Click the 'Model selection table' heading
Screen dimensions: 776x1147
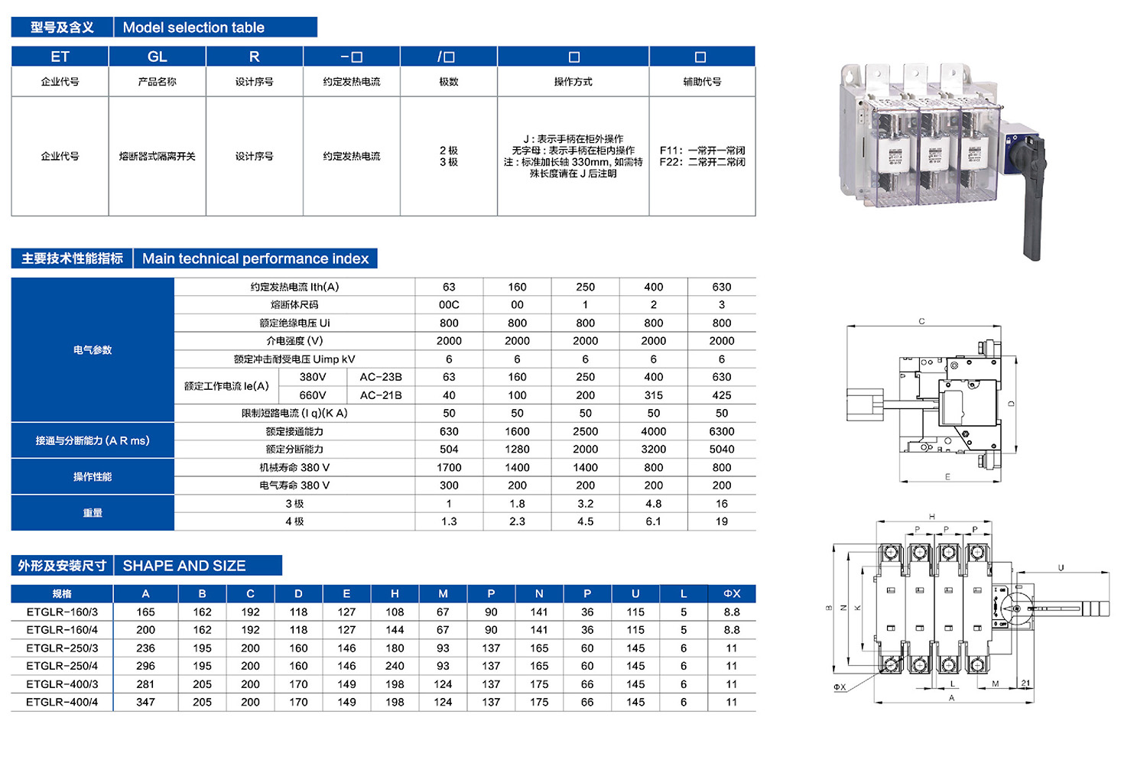193,28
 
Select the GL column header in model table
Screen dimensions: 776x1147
157,57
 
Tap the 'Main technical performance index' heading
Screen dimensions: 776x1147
255,258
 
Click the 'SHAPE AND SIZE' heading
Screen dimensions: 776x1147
184,566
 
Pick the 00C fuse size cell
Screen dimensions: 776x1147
449,305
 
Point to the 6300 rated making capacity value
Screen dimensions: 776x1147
721,431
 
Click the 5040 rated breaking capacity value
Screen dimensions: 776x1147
721,450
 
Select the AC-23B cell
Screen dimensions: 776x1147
381,377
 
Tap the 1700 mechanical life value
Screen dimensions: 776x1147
449,467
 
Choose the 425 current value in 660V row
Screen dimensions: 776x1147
721,395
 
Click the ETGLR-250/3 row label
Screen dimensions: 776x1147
62,648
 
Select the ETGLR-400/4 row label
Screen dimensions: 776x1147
62,702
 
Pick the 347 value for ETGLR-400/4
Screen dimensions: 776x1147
145,702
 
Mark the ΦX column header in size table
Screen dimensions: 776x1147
732,593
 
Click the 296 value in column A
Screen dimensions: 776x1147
145,666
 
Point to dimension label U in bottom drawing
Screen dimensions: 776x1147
1061,568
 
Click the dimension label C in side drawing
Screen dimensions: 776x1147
921,322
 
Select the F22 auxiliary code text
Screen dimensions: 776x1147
702,162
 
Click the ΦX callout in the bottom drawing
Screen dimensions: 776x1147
840,687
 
